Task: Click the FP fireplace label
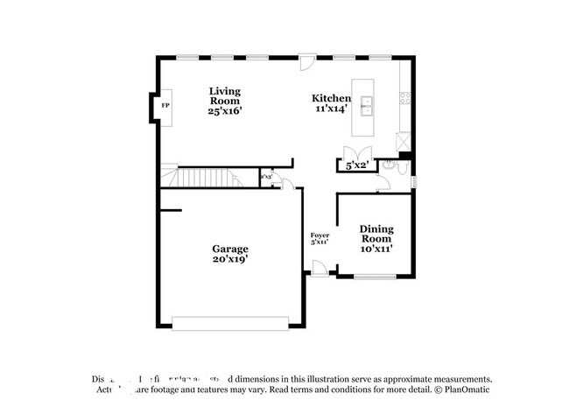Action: [165, 106]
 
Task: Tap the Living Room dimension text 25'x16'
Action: [224, 111]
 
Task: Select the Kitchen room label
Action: [332, 99]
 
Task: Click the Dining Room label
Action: [376, 234]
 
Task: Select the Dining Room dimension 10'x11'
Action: [376, 249]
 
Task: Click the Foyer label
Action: [320, 235]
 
